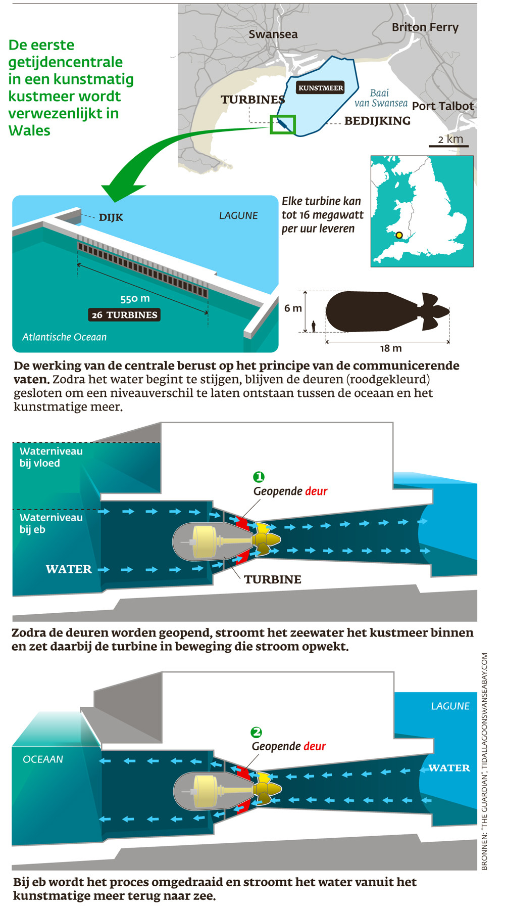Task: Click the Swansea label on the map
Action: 273,34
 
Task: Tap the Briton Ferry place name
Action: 425,27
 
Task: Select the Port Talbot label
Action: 443,106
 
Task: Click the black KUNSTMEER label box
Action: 321,88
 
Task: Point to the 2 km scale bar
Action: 449,146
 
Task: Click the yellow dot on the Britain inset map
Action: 399,235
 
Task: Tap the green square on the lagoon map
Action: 283,124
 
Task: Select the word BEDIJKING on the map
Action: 377,121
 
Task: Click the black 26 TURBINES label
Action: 124,315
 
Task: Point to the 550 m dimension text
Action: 135,299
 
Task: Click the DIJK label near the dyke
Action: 111,217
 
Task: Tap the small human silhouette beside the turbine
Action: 314,327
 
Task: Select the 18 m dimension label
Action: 391,348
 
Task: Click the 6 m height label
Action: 293,308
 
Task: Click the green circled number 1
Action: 259,477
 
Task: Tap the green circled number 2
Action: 257,732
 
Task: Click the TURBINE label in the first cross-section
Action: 273,579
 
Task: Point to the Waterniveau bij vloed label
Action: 51,457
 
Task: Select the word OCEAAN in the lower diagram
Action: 43,759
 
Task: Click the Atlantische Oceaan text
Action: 65,337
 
